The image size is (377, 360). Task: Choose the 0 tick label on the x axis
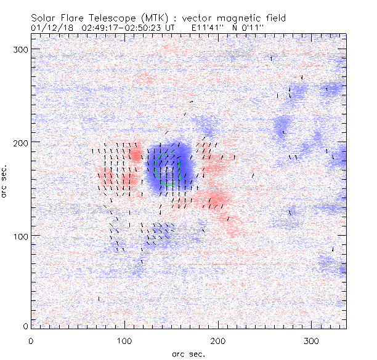click(31, 340)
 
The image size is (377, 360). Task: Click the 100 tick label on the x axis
click(124, 340)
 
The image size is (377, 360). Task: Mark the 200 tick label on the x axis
click(218, 340)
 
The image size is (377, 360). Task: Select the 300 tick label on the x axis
click(312, 340)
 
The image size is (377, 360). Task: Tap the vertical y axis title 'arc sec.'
click(6, 182)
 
